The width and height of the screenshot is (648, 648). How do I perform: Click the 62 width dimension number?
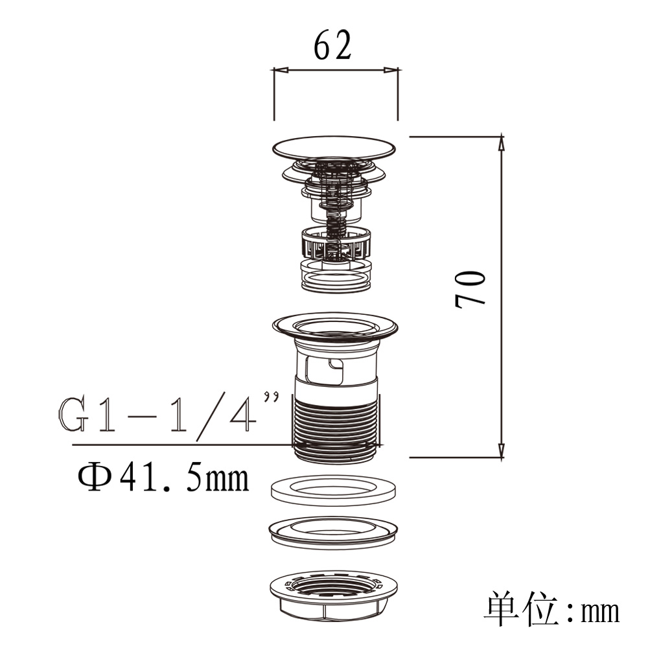point(332,45)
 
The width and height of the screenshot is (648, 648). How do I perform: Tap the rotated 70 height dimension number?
point(470,289)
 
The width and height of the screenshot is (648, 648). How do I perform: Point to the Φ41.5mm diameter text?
point(163,478)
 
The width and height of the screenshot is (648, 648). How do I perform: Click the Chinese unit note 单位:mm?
point(552,610)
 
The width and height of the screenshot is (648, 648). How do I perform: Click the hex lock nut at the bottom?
point(334,595)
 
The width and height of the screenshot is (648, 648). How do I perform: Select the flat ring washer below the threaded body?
point(334,490)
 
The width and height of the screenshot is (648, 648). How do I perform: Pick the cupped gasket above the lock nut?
point(333,533)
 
